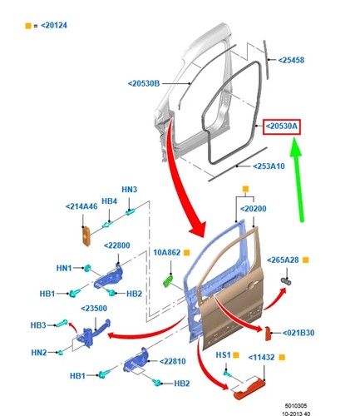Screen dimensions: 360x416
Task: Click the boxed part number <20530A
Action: (x=282, y=126)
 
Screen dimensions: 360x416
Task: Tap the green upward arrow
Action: (x=298, y=181)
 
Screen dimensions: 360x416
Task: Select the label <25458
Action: (x=291, y=60)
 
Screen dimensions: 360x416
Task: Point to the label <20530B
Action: (x=144, y=83)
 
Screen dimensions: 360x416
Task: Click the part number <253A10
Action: (x=269, y=166)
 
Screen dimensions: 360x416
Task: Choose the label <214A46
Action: (x=81, y=206)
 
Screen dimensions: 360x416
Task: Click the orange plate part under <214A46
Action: (x=86, y=235)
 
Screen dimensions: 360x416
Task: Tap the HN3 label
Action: (x=130, y=190)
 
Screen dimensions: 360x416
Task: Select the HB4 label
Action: (x=109, y=201)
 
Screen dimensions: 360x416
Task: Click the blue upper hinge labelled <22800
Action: (x=108, y=278)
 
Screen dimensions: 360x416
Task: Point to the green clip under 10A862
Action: (x=168, y=281)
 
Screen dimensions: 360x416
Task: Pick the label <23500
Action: (x=94, y=309)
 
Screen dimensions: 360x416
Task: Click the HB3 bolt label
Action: (x=38, y=325)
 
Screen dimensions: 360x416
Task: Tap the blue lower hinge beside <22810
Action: (x=136, y=360)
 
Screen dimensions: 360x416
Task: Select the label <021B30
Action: (x=298, y=333)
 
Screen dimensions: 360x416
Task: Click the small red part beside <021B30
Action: (x=269, y=334)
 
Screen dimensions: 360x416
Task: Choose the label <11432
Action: (x=261, y=358)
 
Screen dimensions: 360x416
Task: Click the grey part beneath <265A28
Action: (x=286, y=281)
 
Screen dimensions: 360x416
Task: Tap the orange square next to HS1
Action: (x=236, y=355)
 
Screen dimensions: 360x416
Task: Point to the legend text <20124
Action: (x=54, y=26)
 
